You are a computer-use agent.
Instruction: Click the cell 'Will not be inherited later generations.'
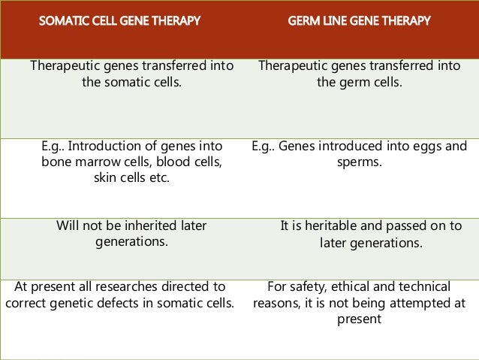point(131,234)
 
